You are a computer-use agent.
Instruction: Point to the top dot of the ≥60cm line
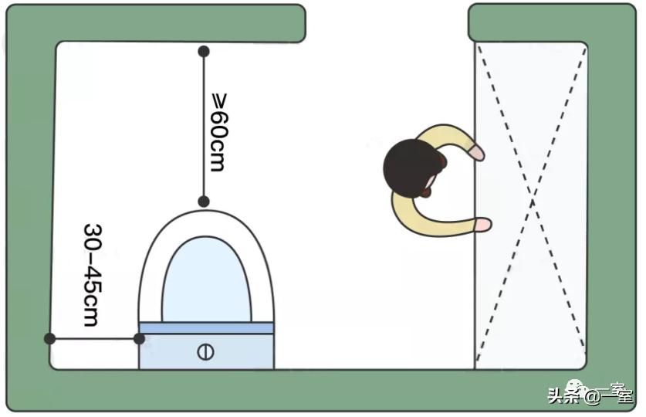[x=204, y=52]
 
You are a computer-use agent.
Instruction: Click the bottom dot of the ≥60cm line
[x=204, y=202]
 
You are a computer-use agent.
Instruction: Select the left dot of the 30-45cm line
[x=50, y=338]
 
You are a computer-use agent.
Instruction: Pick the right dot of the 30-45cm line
[x=139, y=338]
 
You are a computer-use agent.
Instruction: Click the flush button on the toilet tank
[x=205, y=352]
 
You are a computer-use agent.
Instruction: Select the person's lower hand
[x=483, y=225]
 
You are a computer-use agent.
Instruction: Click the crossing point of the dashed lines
[x=531, y=205]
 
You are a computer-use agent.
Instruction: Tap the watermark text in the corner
[x=590, y=395]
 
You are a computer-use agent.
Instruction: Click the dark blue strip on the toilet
[x=206, y=328]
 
